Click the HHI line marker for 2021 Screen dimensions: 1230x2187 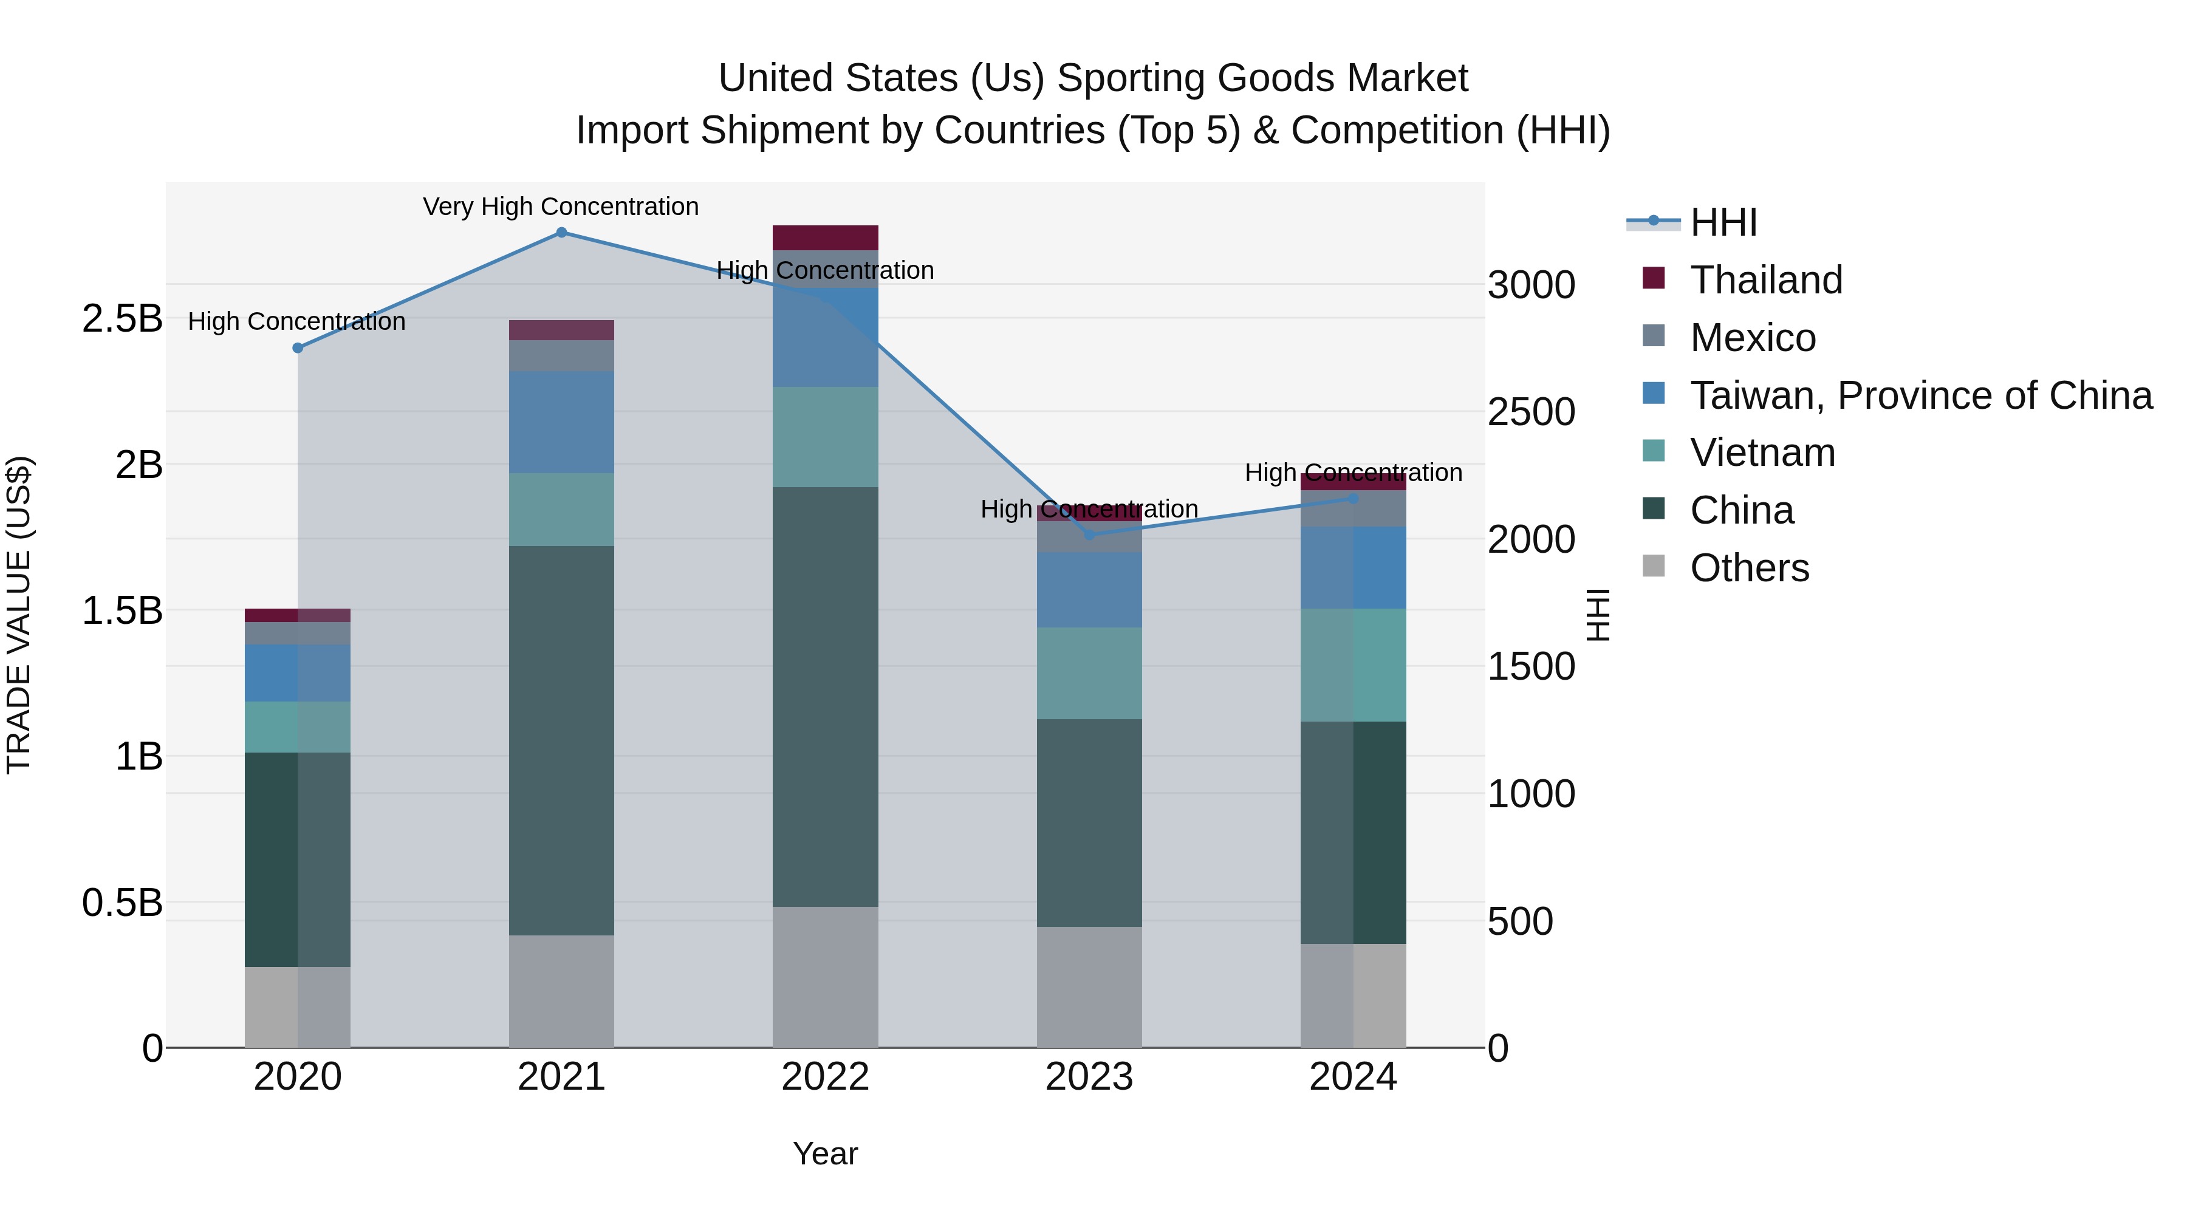pos(561,233)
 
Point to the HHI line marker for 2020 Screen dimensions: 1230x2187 pos(297,348)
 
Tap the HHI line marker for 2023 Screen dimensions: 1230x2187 pos(1089,535)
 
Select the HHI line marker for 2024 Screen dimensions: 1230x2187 pos(1354,499)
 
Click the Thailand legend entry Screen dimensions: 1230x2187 pos(1766,280)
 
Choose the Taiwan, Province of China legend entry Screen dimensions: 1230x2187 pos(1920,395)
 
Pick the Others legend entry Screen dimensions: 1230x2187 pos(1749,568)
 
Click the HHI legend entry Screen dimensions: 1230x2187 pos(1723,222)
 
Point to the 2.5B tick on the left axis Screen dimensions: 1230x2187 pos(122,319)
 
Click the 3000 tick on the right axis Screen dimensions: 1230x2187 pos(1531,285)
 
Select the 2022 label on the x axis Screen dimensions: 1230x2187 pos(825,1077)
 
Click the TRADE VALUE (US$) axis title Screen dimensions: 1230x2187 pos(19,615)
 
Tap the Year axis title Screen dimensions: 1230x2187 pos(825,1153)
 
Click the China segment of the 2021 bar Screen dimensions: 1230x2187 pos(561,740)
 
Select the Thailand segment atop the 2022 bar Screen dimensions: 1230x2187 pos(825,237)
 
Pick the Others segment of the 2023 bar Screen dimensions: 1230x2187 pos(1089,986)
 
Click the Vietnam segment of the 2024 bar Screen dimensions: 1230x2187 pos(1354,665)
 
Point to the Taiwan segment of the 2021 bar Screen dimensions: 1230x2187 pos(561,422)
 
